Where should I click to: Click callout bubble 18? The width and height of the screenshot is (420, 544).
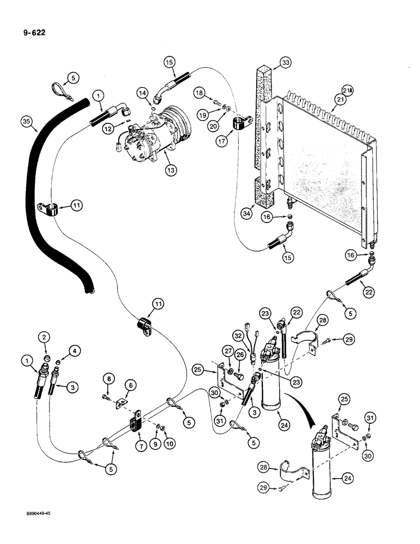pyautogui.click(x=200, y=94)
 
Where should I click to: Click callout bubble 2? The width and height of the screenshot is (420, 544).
pyautogui.click(x=45, y=339)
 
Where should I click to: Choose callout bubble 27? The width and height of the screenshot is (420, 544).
pyautogui.click(x=229, y=351)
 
